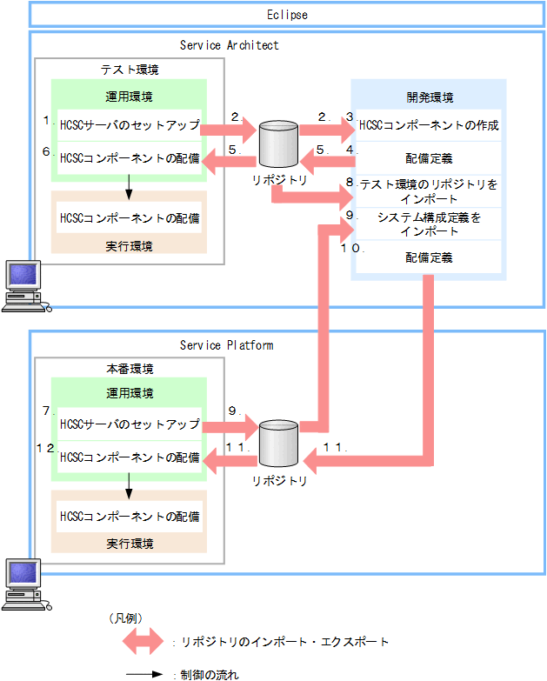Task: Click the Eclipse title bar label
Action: point(287,15)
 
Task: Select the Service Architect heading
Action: point(230,44)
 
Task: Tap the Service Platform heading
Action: point(227,344)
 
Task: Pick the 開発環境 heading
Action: point(430,97)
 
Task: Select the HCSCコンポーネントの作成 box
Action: point(430,125)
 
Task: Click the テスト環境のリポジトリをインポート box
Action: point(430,190)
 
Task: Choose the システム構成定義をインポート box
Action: point(430,224)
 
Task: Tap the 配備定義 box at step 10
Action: point(430,257)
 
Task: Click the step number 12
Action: point(45,446)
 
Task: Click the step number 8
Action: point(350,182)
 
